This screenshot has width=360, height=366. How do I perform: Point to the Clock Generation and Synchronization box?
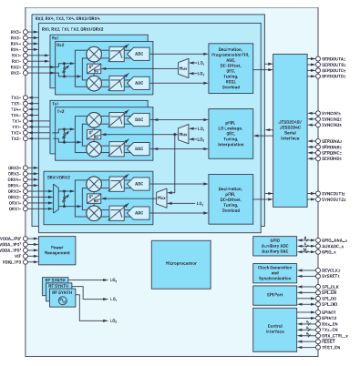click(x=280, y=272)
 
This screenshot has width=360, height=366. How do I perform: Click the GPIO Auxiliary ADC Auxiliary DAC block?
click(x=280, y=246)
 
